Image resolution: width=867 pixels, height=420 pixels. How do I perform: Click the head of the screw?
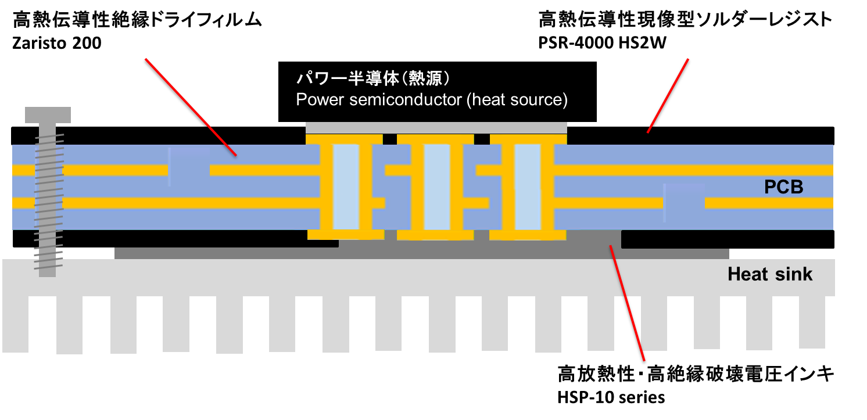click(48, 114)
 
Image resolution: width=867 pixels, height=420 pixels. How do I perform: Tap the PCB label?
click(783, 187)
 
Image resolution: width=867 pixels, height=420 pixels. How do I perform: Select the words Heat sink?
click(769, 274)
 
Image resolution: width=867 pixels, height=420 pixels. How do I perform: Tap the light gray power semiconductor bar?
click(436, 127)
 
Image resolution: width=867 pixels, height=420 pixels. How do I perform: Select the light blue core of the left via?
click(346, 186)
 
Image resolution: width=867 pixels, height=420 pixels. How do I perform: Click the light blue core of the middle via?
click(437, 186)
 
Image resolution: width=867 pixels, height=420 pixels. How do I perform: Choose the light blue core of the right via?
click(528, 186)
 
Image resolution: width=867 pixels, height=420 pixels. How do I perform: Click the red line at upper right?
click(668, 96)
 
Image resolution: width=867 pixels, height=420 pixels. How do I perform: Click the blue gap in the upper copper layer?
click(189, 170)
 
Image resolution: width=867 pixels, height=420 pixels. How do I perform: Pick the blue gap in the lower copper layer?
click(684, 203)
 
